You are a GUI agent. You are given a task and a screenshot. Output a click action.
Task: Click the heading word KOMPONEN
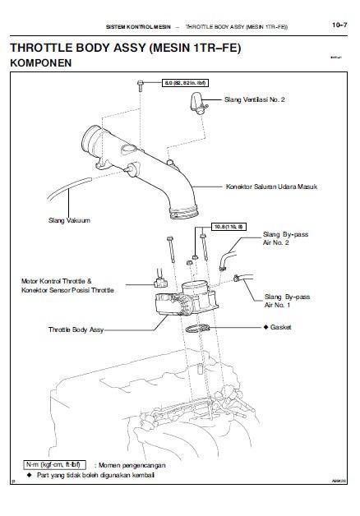click(x=39, y=62)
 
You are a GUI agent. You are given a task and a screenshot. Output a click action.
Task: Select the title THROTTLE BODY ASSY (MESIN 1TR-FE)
click(x=123, y=48)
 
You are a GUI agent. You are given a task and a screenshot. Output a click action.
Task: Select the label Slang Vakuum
click(x=70, y=220)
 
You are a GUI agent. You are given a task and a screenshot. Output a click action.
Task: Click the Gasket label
click(x=278, y=327)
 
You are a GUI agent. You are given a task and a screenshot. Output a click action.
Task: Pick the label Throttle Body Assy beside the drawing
click(x=76, y=329)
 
